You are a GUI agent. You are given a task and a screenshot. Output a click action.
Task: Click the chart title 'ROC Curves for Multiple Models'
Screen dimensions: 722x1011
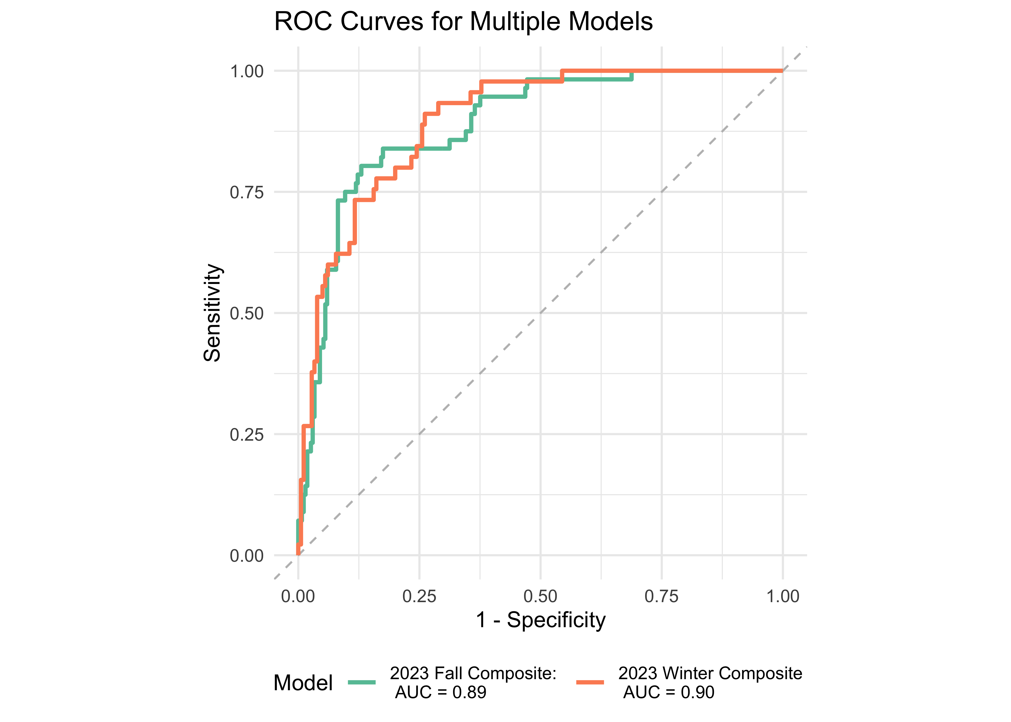(463, 21)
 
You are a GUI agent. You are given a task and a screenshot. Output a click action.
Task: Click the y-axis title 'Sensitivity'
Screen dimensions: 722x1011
(212, 313)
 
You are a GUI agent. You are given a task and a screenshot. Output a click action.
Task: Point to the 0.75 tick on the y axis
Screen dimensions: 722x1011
(247, 192)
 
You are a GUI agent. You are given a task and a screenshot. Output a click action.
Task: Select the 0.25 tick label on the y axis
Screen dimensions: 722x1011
(247, 434)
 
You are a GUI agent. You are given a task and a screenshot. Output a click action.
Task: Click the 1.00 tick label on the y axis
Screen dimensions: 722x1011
(247, 71)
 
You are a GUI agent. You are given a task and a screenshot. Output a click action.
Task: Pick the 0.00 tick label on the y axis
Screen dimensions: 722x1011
(247, 556)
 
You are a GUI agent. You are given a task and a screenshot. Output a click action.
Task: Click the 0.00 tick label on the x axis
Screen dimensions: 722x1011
(298, 596)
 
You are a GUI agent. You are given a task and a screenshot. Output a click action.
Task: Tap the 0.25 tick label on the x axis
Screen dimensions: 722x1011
(419, 596)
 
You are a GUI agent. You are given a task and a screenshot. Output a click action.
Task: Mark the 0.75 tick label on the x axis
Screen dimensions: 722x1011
(661, 596)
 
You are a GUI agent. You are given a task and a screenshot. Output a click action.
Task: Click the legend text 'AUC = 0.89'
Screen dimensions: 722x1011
(441, 692)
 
